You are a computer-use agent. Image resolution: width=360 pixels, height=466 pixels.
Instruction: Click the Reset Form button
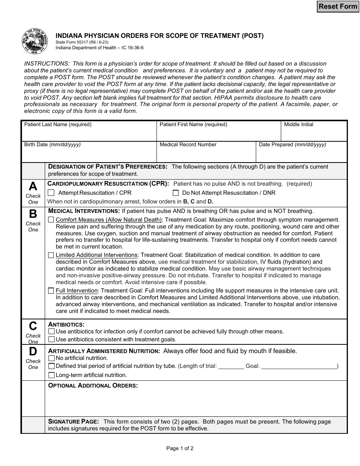click(x=338, y=6)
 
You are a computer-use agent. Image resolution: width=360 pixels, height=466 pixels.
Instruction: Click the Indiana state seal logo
click(x=35, y=41)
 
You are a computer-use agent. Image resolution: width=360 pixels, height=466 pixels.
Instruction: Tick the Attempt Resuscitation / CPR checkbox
click(x=51, y=193)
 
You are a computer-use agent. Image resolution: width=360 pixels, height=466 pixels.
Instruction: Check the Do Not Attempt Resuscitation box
click(x=175, y=193)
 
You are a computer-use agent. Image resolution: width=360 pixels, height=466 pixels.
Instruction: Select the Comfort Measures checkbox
click(x=51, y=220)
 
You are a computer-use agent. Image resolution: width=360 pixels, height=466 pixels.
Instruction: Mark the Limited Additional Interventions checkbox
click(x=51, y=255)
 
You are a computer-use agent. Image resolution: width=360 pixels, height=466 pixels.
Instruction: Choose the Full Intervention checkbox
click(x=51, y=291)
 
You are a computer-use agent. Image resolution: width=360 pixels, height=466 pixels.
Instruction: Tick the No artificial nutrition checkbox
click(x=52, y=358)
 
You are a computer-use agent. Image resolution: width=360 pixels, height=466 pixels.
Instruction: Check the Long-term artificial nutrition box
click(x=52, y=375)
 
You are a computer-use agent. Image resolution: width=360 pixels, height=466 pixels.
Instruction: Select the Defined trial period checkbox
click(x=52, y=366)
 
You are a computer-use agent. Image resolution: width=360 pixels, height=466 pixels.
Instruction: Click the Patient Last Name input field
click(x=89, y=134)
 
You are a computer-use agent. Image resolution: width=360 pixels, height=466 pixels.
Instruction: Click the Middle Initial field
click(x=314, y=134)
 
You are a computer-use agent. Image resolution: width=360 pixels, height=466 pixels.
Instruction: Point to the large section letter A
click(x=33, y=186)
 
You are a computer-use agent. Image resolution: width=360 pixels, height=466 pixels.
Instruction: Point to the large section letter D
click(x=33, y=352)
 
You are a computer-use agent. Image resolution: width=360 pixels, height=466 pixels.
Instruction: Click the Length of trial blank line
click(x=231, y=367)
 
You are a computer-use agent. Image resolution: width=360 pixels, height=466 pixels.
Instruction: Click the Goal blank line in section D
click(x=299, y=367)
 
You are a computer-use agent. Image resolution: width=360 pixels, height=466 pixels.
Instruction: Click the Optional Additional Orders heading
click(x=93, y=386)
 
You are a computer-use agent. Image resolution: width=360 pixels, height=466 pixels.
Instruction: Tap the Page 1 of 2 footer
click(x=180, y=449)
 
